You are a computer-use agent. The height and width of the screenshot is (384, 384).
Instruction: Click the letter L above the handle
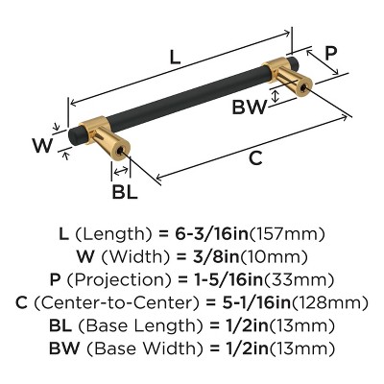point(175,57)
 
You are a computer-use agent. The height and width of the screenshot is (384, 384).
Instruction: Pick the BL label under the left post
point(125,190)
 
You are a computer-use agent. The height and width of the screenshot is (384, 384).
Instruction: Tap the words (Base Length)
point(131,326)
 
